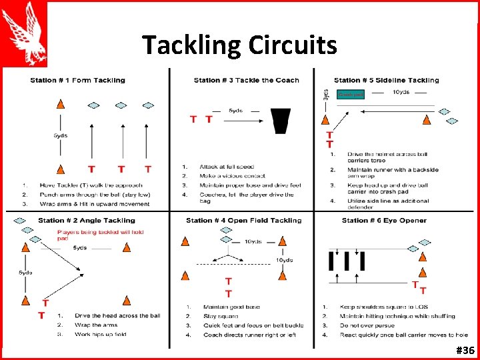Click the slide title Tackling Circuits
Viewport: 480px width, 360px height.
click(x=239, y=45)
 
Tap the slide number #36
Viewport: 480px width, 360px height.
click(x=465, y=351)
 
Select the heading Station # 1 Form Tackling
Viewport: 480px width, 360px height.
click(x=77, y=81)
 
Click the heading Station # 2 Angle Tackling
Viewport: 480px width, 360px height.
click(x=86, y=220)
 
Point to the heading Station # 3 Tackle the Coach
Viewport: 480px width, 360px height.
click(x=246, y=81)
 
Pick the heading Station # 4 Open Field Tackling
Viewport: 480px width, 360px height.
click(x=243, y=220)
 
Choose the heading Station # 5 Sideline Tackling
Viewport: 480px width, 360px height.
click(x=386, y=81)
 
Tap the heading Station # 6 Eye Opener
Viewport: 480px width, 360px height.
click(x=384, y=220)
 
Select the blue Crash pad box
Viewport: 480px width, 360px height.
click(x=351, y=95)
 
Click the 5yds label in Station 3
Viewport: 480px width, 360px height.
click(x=236, y=110)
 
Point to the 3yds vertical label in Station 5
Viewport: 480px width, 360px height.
click(x=325, y=94)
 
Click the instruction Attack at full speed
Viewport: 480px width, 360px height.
click(x=227, y=166)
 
